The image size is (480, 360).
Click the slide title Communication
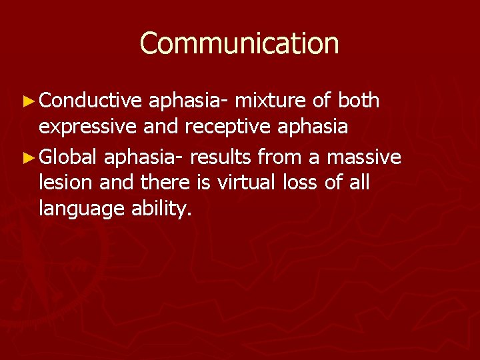click(x=239, y=43)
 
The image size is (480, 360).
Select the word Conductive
click(x=91, y=101)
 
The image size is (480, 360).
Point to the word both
click(x=359, y=101)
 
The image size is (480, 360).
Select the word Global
click(x=69, y=157)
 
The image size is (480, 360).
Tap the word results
click(x=220, y=157)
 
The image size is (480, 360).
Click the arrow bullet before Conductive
click(x=27, y=101)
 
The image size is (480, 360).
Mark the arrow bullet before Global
click(x=27, y=158)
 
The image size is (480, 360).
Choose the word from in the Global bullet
click(x=278, y=157)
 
